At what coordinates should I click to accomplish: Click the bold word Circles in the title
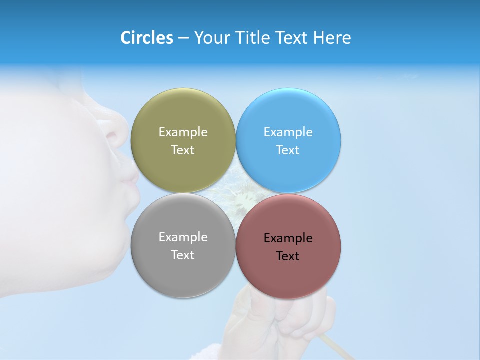[x=146, y=38]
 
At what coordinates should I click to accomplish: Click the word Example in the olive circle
[x=183, y=132]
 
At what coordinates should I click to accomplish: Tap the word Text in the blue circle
[x=288, y=150]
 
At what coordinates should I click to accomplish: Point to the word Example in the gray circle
[x=183, y=237]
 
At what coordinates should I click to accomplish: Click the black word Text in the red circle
[x=288, y=256]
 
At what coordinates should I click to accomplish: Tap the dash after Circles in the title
[x=183, y=38]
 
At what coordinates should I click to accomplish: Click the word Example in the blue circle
[x=288, y=132]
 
